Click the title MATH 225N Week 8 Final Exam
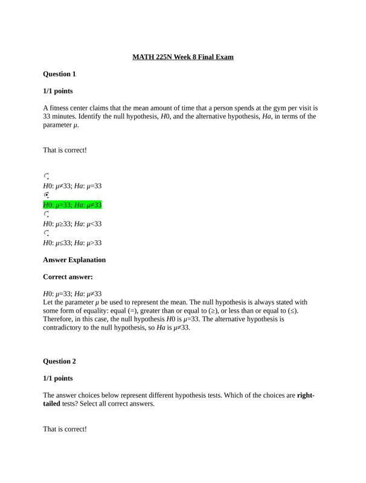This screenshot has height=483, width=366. coord(183,57)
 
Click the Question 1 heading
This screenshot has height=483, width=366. coord(59,74)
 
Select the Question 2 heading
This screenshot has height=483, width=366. coord(59,362)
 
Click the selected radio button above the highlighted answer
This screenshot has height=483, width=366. coord(47,195)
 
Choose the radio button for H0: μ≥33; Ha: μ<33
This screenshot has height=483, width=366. coord(47,214)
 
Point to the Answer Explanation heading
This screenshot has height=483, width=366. coord(74,260)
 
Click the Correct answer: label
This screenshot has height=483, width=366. coord(68,277)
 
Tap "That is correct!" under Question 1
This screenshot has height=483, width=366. coord(65,150)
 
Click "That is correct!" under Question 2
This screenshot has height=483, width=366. coord(65,429)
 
